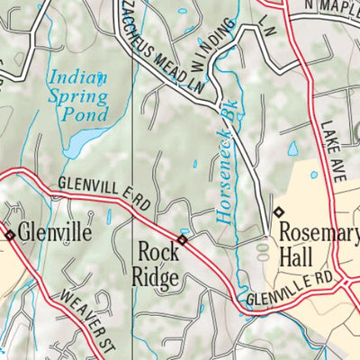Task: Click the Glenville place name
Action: tap(56, 232)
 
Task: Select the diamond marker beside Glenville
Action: tap(10, 235)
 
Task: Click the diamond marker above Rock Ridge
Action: tap(182, 239)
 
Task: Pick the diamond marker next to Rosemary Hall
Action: tap(277, 212)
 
